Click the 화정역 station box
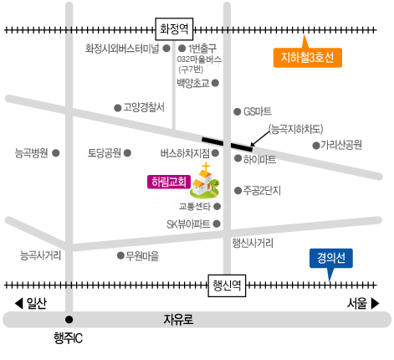pyautogui.click(x=174, y=29)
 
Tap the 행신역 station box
pyautogui.click(x=227, y=285)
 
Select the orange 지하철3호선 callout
pyautogui.click(x=307, y=57)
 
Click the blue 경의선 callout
pyautogui.click(x=331, y=258)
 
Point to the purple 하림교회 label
pyautogui.click(x=169, y=182)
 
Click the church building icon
pyautogui.click(x=205, y=181)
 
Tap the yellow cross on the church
pyautogui.click(x=206, y=167)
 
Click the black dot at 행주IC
pyautogui.click(x=69, y=320)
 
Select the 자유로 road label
pyautogui.click(x=178, y=320)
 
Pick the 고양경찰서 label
pyautogui.click(x=144, y=107)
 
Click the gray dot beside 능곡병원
pyautogui.click(x=56, y=153)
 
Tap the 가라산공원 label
pyautogui.click(x=341, y=145)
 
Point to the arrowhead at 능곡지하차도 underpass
pyautogui.click(x=252, y=144)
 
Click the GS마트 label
pyautogui.click(x=258, y=111)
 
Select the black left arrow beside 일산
pyautogui.click(x=18, y=303)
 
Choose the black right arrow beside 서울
pyautogui.click(x=375, y=303)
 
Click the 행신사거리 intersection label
pyautogui.click(x=253, y=243)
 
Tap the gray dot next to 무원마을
pyautogui.click(x=120, y=255)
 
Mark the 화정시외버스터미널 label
pyautogui.click(x=122, y=49)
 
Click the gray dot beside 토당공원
pyautogui.click(x=127, y=153)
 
